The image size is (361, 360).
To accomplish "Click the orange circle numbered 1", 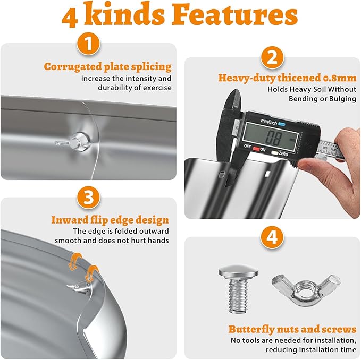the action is click(x=88, y=44).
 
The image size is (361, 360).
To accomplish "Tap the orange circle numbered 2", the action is click(x=272, y=57).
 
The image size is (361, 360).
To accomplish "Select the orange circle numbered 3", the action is click(x=88, y=197).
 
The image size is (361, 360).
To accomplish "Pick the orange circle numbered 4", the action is click(x=272, y=237).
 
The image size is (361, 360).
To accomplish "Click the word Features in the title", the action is click(x=235, y=15).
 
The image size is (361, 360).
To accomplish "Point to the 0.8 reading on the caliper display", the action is click(x=274, y=138).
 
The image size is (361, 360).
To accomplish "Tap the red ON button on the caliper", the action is click(x=256, y=149).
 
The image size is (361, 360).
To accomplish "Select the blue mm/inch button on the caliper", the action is click(x=282, y=124).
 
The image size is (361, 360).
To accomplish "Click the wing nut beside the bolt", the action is click(x=306, y=288).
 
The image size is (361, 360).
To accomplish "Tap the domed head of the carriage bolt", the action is click(x=238, y=272).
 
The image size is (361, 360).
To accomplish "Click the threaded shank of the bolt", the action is click(x=238, y=295).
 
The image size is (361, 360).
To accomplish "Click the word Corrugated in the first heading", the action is click(x=73, y=66).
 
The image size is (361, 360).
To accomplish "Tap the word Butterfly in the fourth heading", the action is click(x=251, y=329).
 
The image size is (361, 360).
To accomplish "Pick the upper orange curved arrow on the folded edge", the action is click(x=75, y=261).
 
